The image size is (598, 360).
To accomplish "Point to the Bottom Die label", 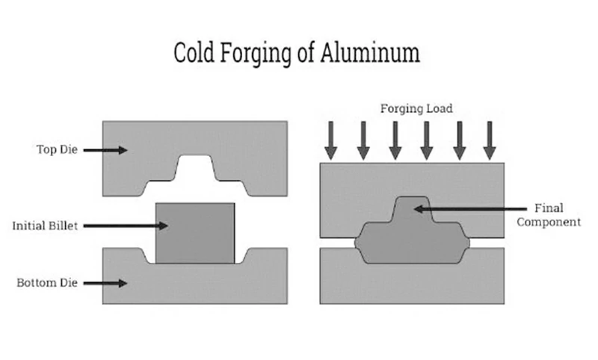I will (x=48, y=283).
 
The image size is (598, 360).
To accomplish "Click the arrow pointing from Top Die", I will (x=105, y=150).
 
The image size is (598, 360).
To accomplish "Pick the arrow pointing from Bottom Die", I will (x=107, y=283).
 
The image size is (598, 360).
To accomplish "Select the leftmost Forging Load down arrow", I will (x=331, y=140).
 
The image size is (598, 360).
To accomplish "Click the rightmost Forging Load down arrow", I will (x=490, y=140).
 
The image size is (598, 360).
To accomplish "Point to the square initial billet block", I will (x=194, y=233).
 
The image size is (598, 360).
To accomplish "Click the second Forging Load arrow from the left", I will (x=363, y=140).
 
